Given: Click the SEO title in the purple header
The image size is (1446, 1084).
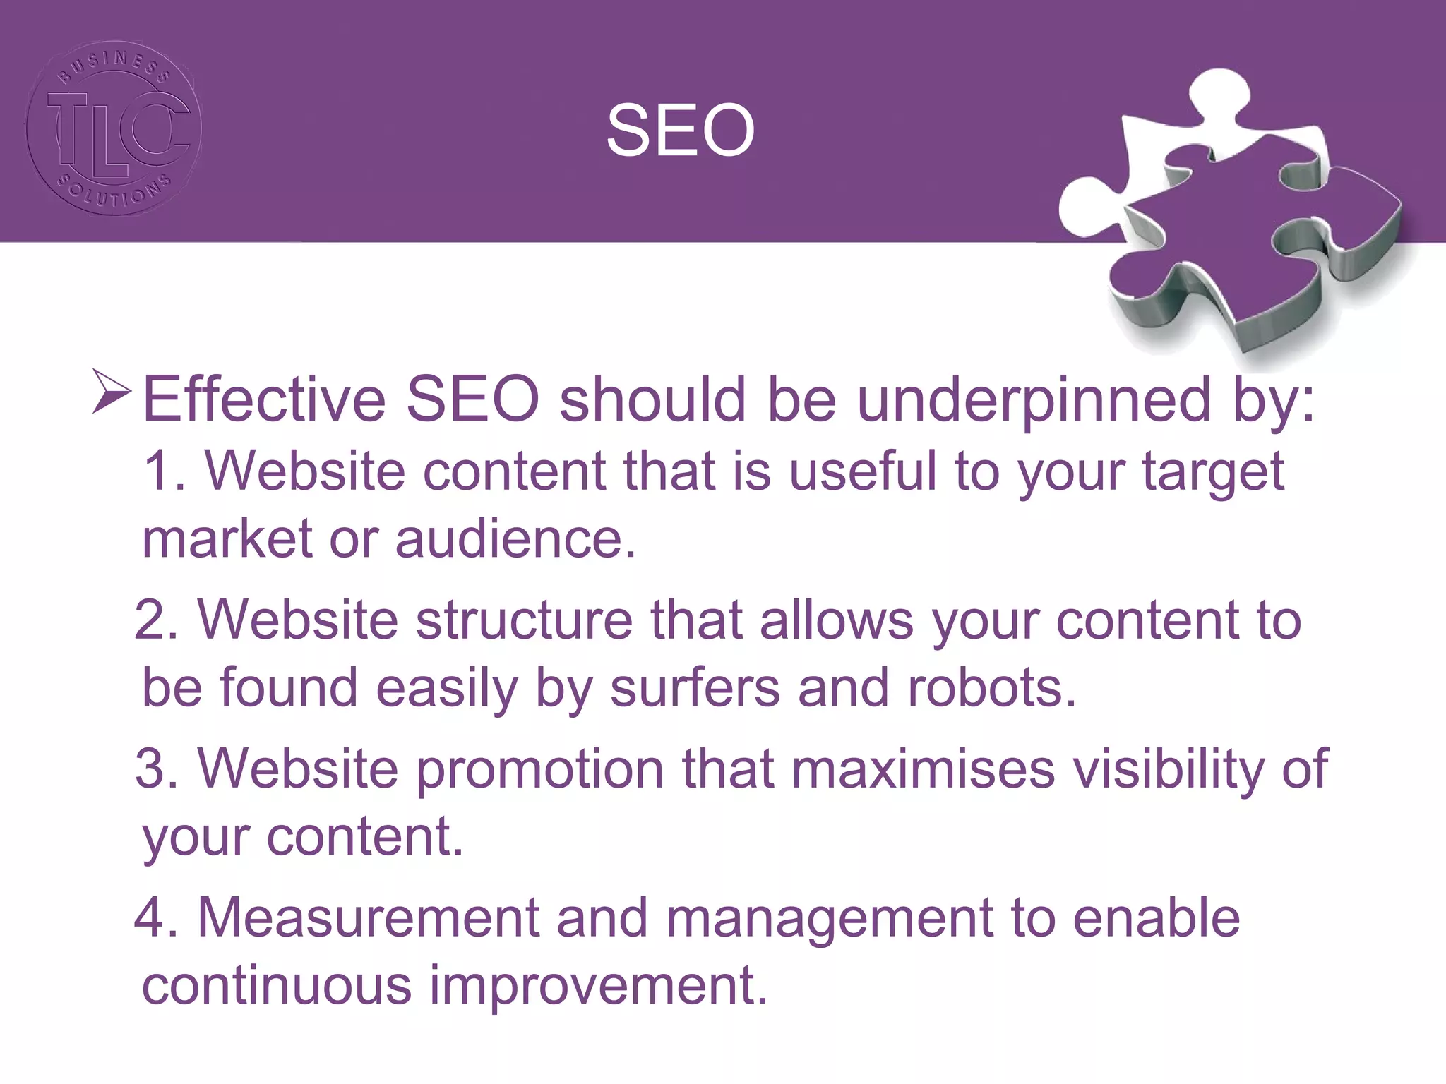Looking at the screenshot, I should [681, 131].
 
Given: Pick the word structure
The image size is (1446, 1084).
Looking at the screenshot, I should [523, 620].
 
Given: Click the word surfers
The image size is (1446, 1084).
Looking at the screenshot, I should [695, 687].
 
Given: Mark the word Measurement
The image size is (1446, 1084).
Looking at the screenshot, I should [368, 918].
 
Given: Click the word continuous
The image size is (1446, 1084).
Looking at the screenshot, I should [276, 985].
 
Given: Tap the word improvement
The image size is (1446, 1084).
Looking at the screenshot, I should [598, 987].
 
